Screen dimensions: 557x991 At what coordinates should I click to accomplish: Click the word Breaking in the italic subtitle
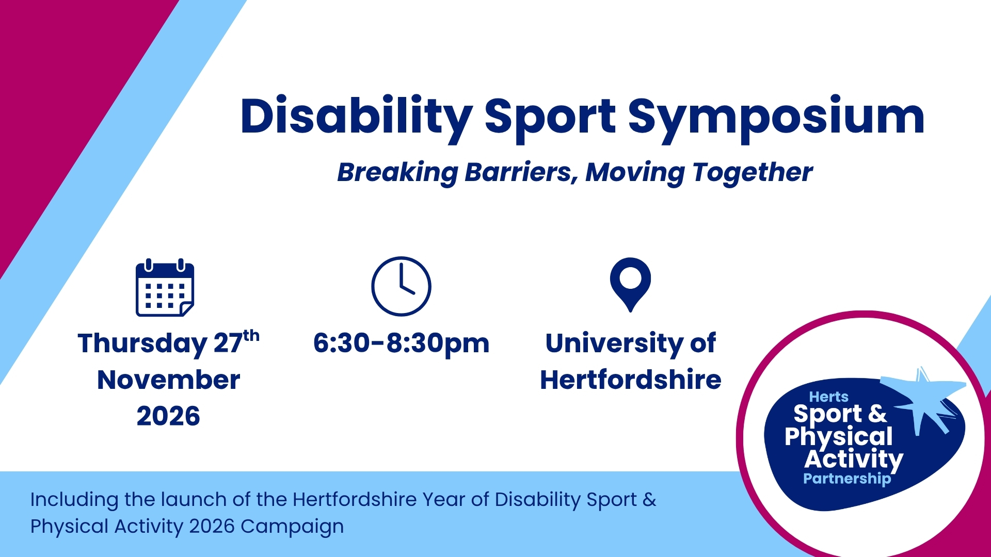397,173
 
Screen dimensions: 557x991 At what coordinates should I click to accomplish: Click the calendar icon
165,288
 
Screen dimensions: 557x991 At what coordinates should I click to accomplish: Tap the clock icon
401,286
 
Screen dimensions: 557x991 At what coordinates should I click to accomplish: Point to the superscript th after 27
251,336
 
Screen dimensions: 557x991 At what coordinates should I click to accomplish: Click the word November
168,380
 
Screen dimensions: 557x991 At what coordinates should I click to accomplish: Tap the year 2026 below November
168,416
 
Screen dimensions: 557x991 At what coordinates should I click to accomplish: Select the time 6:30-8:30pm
401,343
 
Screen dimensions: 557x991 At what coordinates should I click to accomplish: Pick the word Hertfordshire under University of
630,380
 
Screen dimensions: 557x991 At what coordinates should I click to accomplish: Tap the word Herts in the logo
828,397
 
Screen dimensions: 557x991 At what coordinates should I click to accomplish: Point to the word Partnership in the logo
847,479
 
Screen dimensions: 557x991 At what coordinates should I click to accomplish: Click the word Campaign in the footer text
292,527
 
